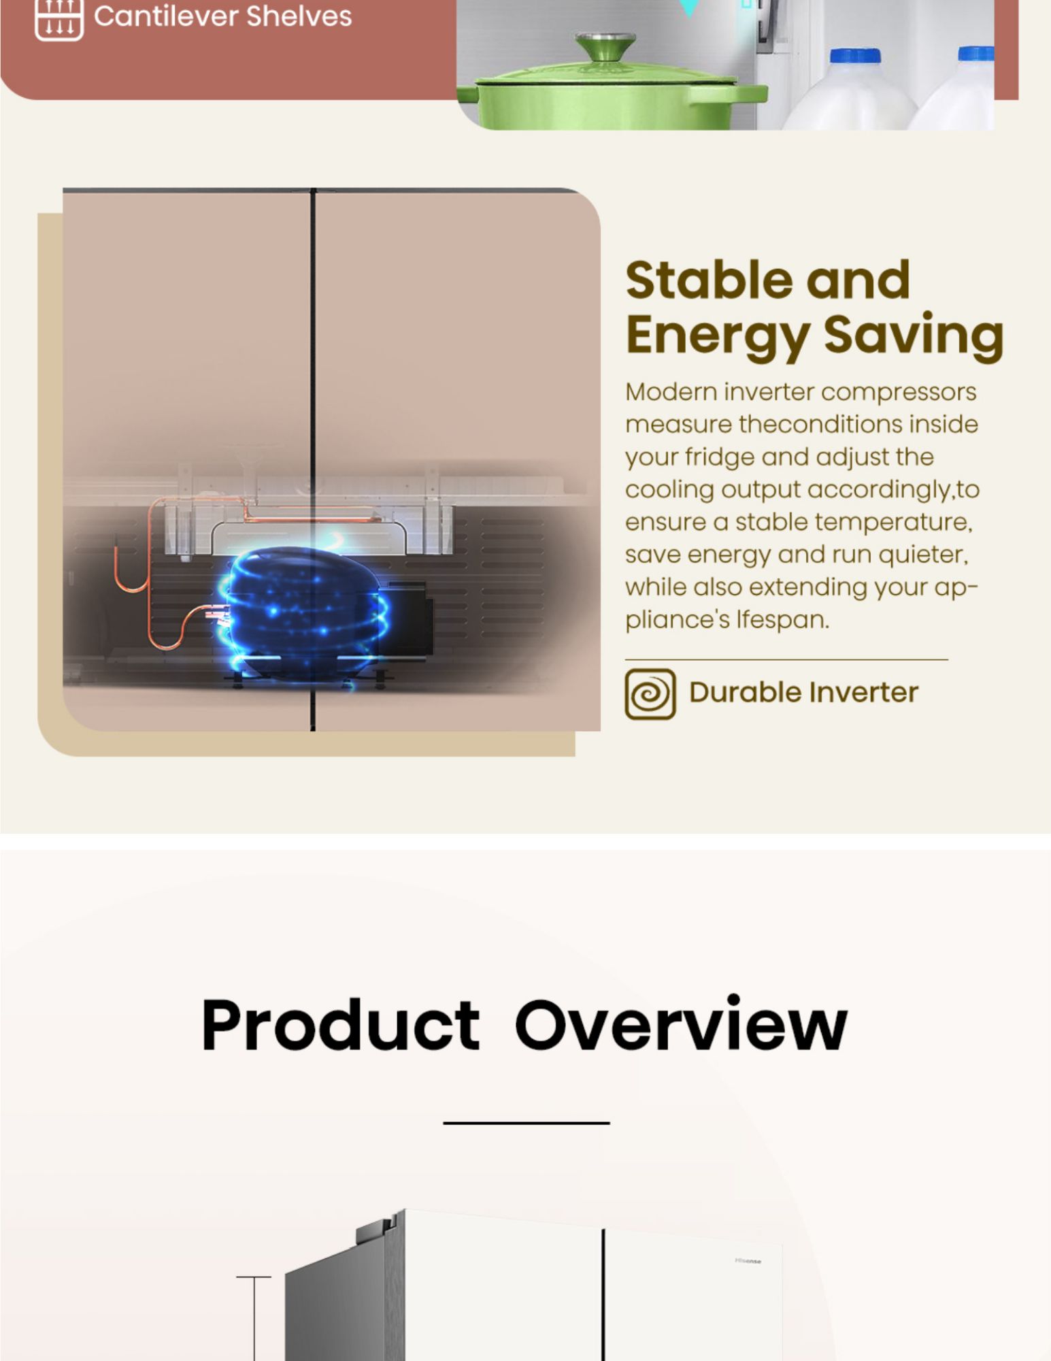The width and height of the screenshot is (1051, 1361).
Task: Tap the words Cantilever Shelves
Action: click(222, 16)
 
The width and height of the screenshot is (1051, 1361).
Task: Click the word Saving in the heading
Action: click(913, 334)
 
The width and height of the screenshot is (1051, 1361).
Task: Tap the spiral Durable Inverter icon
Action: click(650, 693)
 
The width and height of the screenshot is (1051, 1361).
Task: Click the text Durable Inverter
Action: click(803, 692)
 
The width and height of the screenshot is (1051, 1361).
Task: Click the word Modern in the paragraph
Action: click(670, 392)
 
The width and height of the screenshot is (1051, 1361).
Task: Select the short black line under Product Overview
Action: click(526, 1123)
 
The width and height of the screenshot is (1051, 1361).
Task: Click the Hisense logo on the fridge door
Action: click(748, 1261)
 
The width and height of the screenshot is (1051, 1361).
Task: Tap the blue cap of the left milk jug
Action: click(854, 56)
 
